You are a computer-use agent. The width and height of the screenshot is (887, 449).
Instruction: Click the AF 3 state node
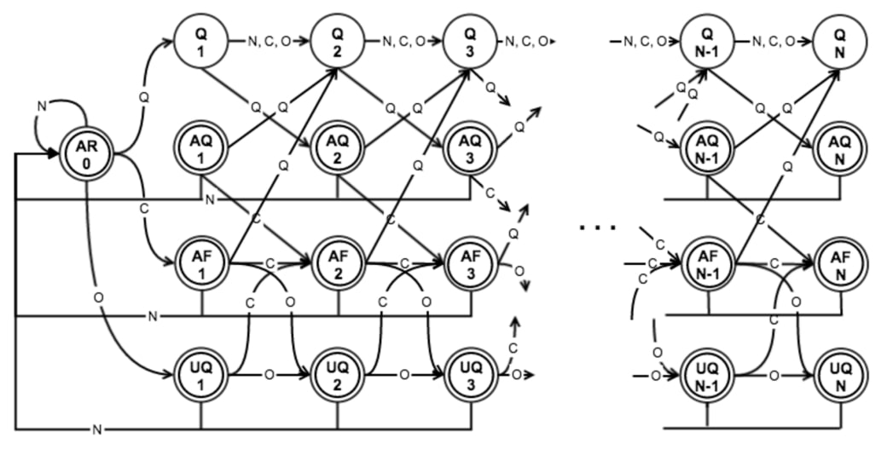(x=470, y=262)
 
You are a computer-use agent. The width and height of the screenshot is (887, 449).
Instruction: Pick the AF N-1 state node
(x=707, y=262)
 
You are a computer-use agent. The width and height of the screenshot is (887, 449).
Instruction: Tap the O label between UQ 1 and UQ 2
(x=270, y=374)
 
